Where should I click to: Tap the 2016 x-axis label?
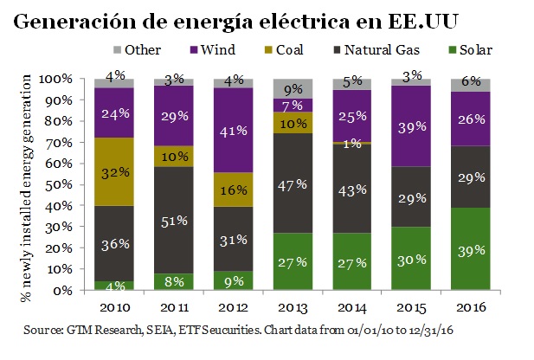(x=470, y=307)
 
